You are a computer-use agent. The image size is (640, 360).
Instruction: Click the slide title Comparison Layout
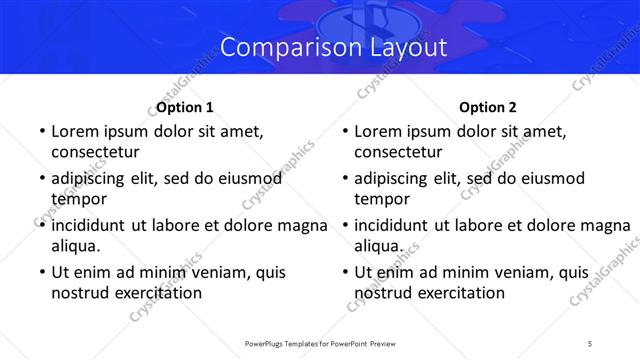point(319,47)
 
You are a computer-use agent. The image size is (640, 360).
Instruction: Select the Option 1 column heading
point(185,107)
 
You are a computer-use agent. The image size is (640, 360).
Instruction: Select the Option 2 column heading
point(488,107)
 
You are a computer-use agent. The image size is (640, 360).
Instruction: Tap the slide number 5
point(590,343)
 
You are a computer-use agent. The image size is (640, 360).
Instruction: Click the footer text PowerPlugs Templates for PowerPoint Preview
point(319,343)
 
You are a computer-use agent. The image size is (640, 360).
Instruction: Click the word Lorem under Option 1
point(76,131)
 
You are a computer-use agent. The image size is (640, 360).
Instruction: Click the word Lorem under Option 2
point(379,131)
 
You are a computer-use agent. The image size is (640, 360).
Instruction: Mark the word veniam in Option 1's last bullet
point(195,271)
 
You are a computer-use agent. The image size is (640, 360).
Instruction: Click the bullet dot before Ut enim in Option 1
point(40,272)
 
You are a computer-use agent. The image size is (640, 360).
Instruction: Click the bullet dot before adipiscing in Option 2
point(343,179)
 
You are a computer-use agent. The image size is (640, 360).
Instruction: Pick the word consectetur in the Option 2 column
point(398,152)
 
